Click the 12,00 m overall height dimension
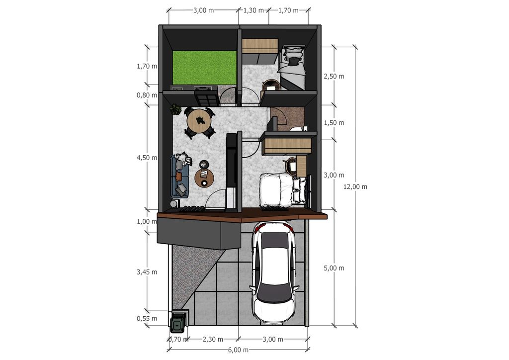tap(355, 186)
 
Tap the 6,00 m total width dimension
tap(239, 350)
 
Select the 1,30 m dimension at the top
tap(254, 10)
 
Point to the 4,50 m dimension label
tap(147, 158)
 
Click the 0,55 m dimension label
tap(147, 318)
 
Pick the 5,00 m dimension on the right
tap(334, 268)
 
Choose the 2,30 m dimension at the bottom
tap(213, 340)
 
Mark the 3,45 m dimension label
tap(147, 272)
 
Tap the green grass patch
tap(204, 67)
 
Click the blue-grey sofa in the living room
tap(180, 176)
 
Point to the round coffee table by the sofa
tap(204, 179)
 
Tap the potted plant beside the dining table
tap(176, 109)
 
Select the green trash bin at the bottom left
tap(178, 325)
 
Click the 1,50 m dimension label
tap(334, 123)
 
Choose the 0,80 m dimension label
tap(147, 95)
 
